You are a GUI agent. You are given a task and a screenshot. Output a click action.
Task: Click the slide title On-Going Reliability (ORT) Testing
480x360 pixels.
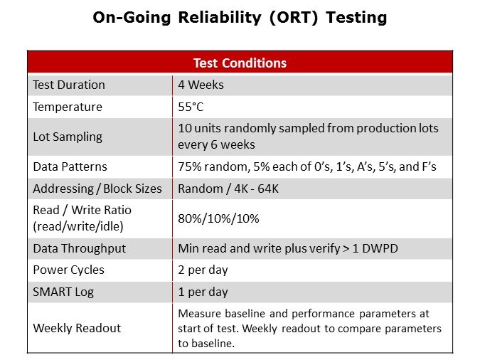point(240,18)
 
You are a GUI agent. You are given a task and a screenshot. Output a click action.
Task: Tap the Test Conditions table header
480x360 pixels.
point(240,63)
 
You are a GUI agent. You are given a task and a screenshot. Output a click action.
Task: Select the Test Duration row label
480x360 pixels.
point(69,85)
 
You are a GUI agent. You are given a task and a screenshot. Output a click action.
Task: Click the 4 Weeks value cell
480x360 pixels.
point(201,85)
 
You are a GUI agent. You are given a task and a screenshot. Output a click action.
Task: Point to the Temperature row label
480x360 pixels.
point(68,107)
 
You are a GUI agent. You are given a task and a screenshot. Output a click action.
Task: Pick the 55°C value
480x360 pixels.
point(190,107)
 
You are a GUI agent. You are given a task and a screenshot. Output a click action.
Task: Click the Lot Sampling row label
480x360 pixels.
point(68,137)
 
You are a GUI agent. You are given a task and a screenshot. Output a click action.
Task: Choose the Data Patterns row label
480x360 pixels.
point(70,166)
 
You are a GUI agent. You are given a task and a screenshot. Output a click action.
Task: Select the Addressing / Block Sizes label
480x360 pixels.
point(97,189)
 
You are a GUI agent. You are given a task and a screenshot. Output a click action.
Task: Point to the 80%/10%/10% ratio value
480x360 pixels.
point(218,218)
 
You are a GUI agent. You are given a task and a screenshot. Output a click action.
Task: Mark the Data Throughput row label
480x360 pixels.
point(79,248)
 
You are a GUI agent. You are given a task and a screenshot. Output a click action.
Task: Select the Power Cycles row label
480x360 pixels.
point(68,270)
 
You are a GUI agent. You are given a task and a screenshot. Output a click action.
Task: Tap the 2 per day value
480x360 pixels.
point(203,270)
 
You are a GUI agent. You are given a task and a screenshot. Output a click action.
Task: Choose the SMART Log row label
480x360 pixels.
point(63,292)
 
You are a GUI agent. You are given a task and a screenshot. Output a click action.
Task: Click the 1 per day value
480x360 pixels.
point(203,292)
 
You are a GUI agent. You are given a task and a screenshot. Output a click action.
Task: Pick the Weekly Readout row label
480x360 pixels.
point(77,328)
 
